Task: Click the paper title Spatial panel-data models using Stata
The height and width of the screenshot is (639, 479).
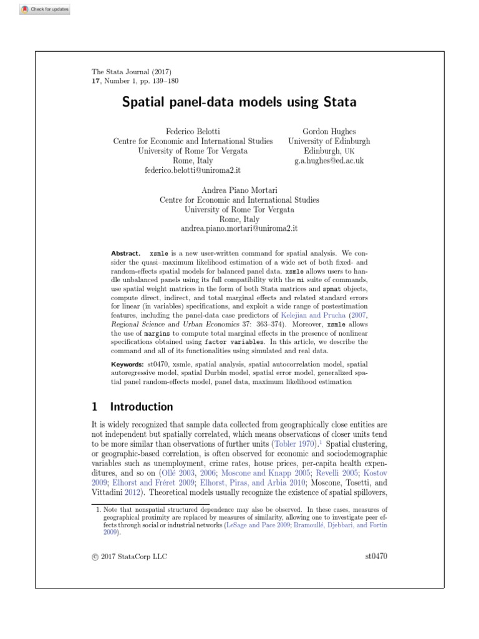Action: click(x=239, y=101)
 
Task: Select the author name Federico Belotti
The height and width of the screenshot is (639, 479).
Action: click(x=192, y=132)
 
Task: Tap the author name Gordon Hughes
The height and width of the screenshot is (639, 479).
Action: click(x=329, y=132)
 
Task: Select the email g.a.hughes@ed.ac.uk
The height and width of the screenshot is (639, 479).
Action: click(x=329, y=160)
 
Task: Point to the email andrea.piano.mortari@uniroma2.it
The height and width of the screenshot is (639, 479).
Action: click(x=239, y=228)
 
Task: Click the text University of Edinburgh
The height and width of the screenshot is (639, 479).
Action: click(x=329, y=142)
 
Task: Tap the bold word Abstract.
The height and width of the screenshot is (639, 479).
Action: click(x=126, y=254)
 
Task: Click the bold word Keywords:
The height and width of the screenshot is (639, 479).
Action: click(x=127, y=364)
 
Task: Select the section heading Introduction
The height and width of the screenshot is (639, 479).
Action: click(x=142, y=407)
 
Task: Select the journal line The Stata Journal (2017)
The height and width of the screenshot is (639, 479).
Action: click(x=131, y=72)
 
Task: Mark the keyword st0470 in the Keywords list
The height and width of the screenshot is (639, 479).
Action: click(x=157, y=364)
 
